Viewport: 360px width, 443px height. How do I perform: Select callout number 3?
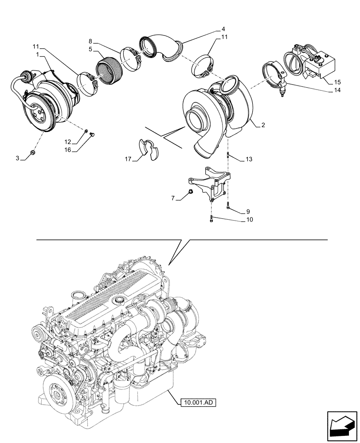click(18, 158)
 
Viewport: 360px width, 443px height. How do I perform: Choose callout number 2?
click(263, 125)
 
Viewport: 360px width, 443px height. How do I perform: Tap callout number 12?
click(67, 142)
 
